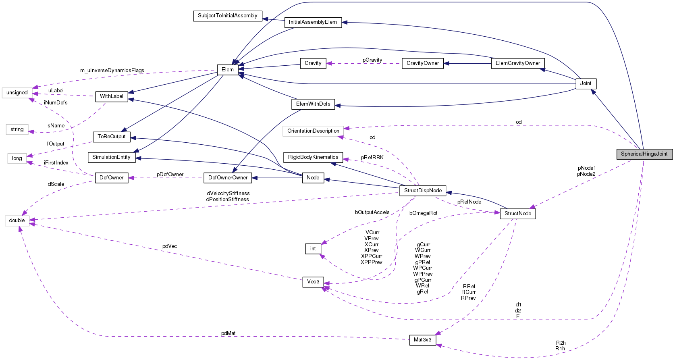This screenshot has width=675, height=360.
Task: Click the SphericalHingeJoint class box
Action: [x=644, y=154]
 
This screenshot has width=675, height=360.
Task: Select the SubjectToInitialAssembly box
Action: [x=227, y=16]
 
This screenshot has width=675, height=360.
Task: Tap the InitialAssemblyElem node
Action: [x=313, y=22]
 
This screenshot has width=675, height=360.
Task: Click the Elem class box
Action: [x=227, y=70]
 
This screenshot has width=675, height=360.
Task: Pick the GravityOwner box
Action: [x=423, y=63]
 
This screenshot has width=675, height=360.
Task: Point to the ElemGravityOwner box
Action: [x=517, y=63]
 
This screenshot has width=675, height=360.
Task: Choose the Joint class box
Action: [x=586, y=83]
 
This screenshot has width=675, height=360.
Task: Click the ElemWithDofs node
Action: [x=313, y=104]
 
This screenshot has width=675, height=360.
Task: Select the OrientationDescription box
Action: [x=313, y=131]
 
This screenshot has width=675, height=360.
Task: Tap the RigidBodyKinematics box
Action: [x=313, y=157]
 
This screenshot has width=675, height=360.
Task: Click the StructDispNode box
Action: [x=423, y=191]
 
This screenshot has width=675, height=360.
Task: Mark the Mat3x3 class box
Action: [x=422, y=340]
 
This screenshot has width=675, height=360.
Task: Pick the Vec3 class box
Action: [x=313, y=282]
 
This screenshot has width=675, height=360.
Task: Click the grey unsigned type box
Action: [x=17, y=93]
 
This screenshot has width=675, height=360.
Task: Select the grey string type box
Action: [x=17, y=129]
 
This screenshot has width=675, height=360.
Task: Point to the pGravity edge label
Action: [x=372, y=60]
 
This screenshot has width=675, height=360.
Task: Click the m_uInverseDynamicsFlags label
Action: [x=112, y=71]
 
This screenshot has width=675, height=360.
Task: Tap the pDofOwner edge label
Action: [x=170, y=175]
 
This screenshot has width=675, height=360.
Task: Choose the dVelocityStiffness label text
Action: [x=228, y=194]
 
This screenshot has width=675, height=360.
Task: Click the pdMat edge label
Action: [x=228, y=333]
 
